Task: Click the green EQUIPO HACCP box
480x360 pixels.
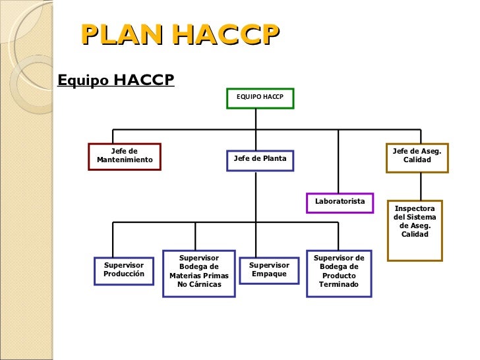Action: (x=260, y=98)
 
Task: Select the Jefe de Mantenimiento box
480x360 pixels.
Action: (x=125, y=156)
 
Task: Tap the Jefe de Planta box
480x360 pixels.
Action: (x=260, y=160)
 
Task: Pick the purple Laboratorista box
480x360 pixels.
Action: (x=340, y=202)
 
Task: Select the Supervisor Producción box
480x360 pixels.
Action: (x=124, y=270)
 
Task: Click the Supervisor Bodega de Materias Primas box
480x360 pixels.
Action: (x=199, y=272)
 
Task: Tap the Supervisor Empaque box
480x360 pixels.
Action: (x=269, y=270)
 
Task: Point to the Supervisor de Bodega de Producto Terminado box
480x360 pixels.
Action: (x=339, y=272)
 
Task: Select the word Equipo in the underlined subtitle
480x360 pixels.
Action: (x=83, y=80)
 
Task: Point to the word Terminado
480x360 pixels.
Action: (x=339, y=285)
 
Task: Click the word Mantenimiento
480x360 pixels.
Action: (x=125, y=160)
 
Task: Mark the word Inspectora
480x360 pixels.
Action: (x=415, y=208)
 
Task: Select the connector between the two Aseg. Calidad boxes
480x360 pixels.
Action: (x=416, y=186)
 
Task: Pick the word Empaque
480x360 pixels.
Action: (x=269, y=274)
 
